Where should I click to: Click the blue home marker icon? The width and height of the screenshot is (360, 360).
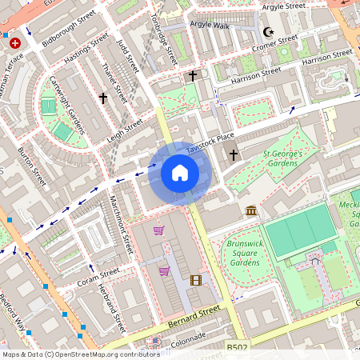(x=180, y=173)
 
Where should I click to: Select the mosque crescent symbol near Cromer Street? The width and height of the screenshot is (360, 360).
(x=268, y=32)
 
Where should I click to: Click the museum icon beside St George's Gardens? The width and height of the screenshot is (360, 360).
(x=251, y=210)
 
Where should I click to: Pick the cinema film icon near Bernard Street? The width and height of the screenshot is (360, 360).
(x=196, y=280)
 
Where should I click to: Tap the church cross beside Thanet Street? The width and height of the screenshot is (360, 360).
(x=102, y=98)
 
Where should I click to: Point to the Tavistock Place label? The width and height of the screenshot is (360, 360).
(x=210, y=142)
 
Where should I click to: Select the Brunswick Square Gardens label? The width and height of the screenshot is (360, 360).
(x=244, y=252)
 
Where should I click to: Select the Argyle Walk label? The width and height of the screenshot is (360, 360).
(x=209, y=25)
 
